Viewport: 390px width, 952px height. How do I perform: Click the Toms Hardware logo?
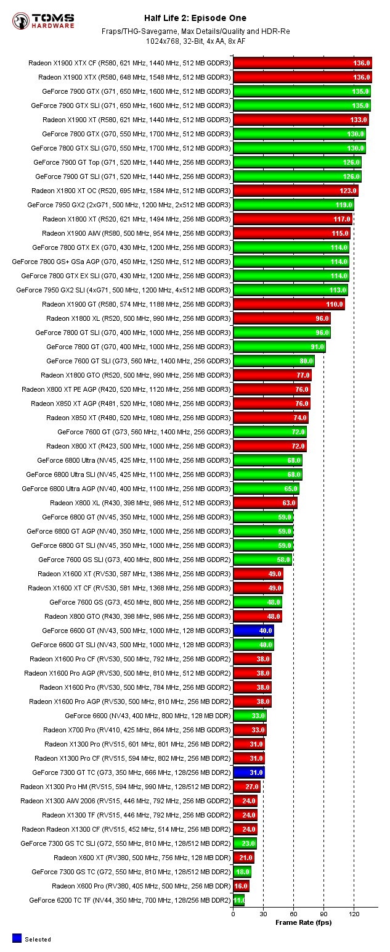coord(43,21)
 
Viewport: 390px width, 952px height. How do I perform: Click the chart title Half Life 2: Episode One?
coord(195,18)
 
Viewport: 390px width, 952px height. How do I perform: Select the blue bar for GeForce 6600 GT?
coord(253,631)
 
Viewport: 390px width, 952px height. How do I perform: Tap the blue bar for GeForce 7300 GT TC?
coord(248,772)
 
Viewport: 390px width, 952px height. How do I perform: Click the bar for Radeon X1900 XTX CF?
coord(302,63)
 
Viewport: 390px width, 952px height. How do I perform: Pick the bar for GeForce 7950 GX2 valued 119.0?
coord(293,205)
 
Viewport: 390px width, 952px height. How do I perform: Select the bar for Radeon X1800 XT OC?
coord(295,191)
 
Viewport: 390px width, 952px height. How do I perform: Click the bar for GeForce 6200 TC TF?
coord(238,900)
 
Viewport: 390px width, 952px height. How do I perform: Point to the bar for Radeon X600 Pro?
coord(241,886)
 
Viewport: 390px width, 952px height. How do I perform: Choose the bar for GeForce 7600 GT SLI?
coord(274,361)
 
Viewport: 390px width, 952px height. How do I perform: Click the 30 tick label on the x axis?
coord(263,914)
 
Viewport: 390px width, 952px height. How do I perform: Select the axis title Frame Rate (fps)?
coord(303,922)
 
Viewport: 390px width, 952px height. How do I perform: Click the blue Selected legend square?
coord(17,938)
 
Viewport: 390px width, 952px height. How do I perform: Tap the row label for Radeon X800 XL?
coord(140,503)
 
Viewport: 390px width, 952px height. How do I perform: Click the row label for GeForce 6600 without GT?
coord(148,716)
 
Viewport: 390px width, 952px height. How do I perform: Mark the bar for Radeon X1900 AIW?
coord(291,233)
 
